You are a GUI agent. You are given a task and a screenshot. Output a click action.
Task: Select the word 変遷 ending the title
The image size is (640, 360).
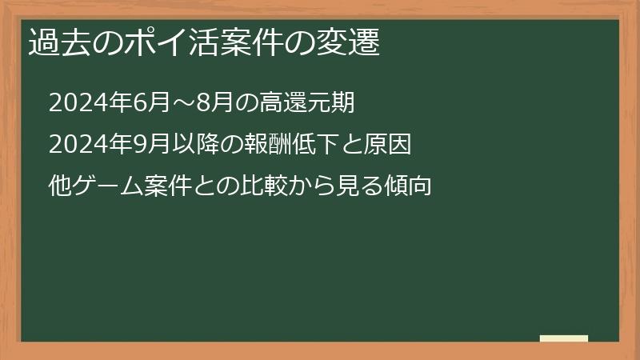coord(351,42)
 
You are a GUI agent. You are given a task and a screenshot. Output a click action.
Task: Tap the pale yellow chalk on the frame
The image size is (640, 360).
coord(564,339)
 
